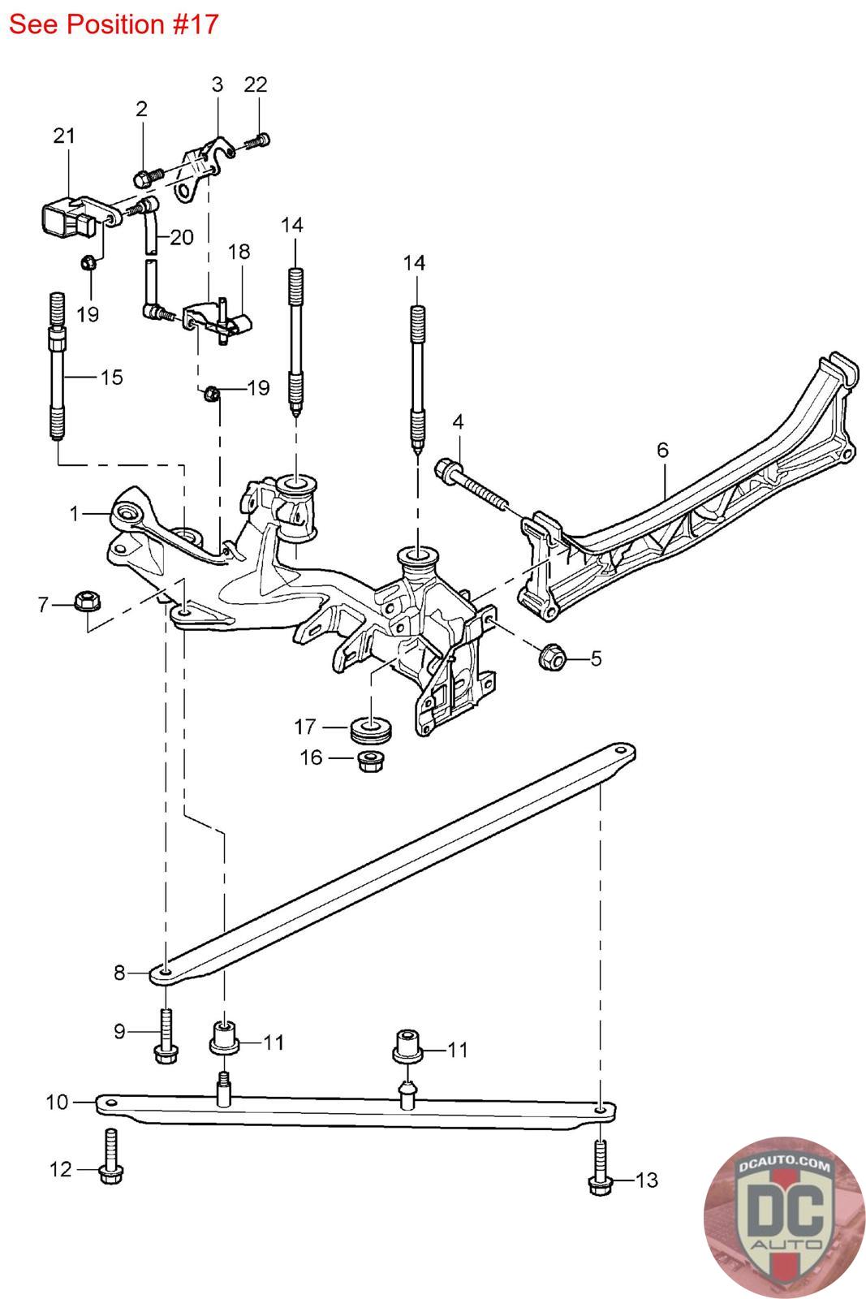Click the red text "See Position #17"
pyautogui.click(x=114, y=24)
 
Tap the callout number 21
pyautogui.click(x=64, y=136)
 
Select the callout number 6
pyautogui.click(x=662, y=450)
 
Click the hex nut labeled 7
pyautogui.click(x=87, y=600)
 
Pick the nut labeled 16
pyautogui.click(x=371, y=761)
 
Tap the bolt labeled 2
pyautogui.click(x=149, y=175)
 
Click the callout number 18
pyautogui.click(x=239, y=251)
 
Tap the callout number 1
pyautogui.click(x=74, y=513)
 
